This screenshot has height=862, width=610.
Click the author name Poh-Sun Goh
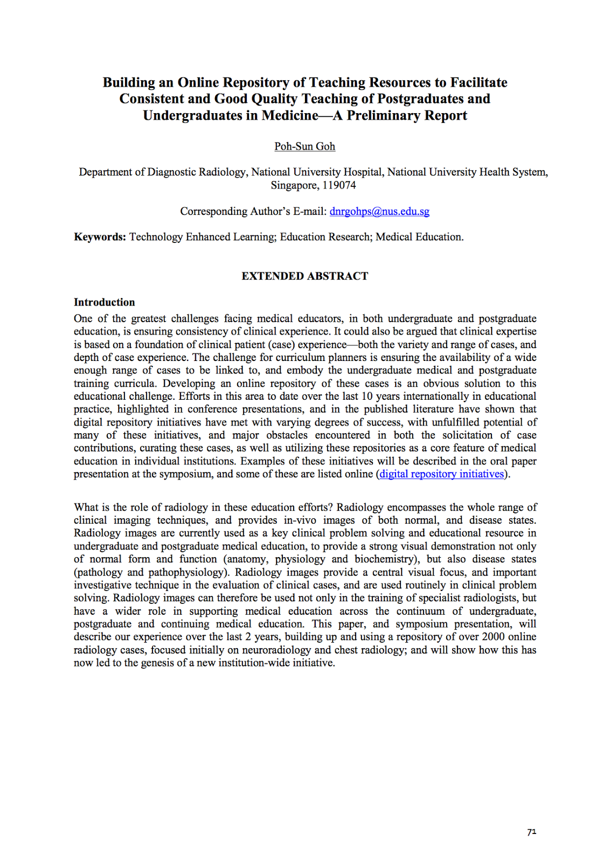(x=304, y=147)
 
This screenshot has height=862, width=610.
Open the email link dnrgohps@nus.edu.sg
(x=379, y=211)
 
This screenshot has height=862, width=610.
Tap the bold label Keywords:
(x=100, y=237)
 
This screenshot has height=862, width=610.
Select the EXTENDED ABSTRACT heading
(x=304, y=276)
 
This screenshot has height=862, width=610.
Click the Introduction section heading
(x=105, y=302)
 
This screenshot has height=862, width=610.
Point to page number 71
(x=531, y=832)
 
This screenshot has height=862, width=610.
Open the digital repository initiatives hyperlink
(x=441, y=474)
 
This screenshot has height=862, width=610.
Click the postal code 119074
(x=339, y=185)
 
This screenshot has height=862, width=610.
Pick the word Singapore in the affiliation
(x=294, y=185)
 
